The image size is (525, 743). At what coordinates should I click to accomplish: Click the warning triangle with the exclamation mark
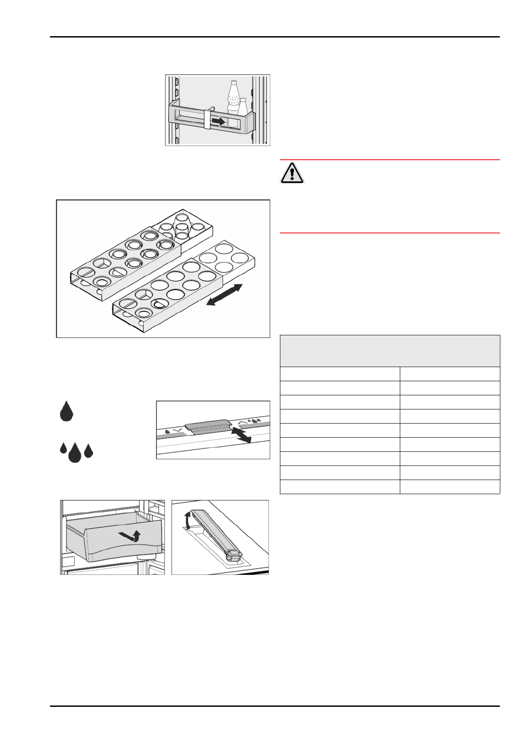coord(292,173)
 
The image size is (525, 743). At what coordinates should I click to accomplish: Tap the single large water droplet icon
coord(66,412)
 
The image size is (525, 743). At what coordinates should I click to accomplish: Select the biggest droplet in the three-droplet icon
coord(75,453)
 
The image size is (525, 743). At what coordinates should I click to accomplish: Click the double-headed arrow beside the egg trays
coord(224,295)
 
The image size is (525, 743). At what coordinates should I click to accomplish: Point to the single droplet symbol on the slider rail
coord(168,431)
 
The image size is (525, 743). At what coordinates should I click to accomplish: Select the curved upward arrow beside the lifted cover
coord(188,520)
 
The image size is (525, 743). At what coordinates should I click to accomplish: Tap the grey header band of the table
coord(390,351)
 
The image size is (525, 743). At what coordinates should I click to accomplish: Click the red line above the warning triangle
coord(390,160)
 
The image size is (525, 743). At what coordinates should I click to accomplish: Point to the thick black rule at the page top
coord(275,37)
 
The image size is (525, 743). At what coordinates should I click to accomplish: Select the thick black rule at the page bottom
coord(275,706)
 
